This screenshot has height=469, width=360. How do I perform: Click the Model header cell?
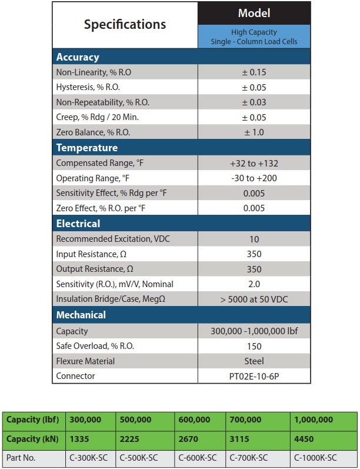254,13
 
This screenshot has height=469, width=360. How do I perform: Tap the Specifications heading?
125,25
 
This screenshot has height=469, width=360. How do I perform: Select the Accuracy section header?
78,57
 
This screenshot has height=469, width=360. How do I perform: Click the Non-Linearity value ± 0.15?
254,72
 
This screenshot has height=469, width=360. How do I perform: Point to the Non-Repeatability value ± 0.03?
254,102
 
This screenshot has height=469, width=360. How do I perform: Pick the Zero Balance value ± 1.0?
254,132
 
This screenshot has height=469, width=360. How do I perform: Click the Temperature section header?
87,148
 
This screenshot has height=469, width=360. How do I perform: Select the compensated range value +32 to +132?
254,163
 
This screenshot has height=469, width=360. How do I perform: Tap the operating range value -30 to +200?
254,178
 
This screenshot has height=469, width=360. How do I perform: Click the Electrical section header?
78,224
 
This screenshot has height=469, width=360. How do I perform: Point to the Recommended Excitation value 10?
254,239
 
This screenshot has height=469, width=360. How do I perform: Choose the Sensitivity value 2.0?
254,284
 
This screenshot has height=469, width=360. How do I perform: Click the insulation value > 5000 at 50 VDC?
254,299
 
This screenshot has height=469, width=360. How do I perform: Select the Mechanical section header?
81,315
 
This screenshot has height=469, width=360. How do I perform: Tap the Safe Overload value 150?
254,346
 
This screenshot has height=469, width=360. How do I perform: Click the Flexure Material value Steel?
254,361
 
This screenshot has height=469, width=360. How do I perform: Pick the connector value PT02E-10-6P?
254,376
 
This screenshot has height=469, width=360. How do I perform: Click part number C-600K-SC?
196,457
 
